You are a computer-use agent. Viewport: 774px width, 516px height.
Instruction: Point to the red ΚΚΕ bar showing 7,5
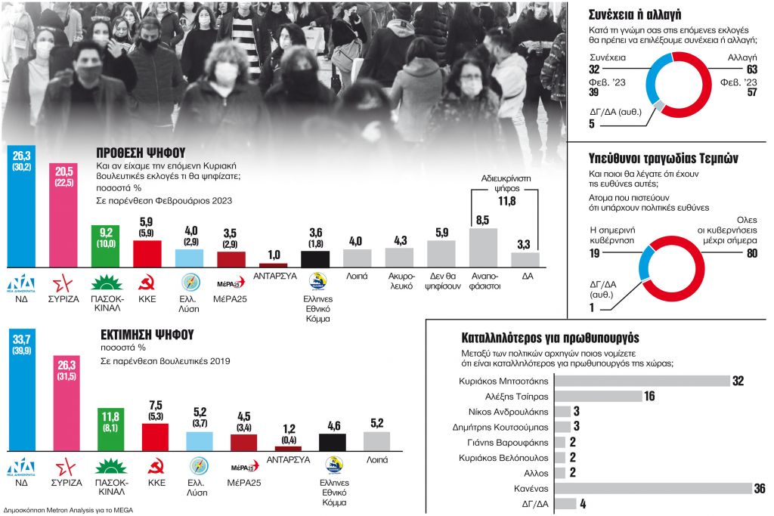[x=156, y=437]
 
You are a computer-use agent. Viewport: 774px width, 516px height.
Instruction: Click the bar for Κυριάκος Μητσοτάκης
[x=642, y=381]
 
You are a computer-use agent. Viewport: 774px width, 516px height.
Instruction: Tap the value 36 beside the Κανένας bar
[x=759, y=488]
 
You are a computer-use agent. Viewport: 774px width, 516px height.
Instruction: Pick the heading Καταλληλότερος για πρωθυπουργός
[x=550, y=338]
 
